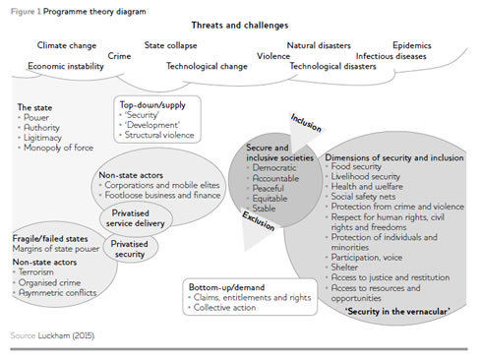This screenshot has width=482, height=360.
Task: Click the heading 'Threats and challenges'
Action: (240, 26)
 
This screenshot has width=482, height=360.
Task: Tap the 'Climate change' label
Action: (67, 45)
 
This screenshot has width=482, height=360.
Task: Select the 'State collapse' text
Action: (170, 45)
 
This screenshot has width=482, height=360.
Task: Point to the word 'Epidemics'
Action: (412, 45)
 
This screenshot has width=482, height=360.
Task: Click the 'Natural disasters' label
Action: (319, 45)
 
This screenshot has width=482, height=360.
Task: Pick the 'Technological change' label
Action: (207, 66)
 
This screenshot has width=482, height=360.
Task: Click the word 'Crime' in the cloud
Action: (119, 56)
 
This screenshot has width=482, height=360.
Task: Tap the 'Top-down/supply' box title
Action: (152, 105)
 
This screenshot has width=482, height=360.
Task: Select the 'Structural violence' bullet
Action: (159, 135)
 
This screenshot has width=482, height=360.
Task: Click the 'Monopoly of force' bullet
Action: (58, 148)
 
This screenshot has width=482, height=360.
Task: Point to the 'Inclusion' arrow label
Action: (306, 123)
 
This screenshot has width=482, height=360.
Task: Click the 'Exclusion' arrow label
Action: (259, 221)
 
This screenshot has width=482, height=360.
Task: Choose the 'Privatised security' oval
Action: (130, 248)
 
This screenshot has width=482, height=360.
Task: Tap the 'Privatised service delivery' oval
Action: (136, 217)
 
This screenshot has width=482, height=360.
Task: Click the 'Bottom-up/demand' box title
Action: (226, 287)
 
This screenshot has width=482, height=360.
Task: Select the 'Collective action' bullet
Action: (224, 308)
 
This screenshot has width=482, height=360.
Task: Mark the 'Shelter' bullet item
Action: (344, 268)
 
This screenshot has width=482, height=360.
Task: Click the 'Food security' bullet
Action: (356, 166)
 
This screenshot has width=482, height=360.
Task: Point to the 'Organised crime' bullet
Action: (49, 282)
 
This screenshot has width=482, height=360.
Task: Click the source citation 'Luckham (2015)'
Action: (66, 335)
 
